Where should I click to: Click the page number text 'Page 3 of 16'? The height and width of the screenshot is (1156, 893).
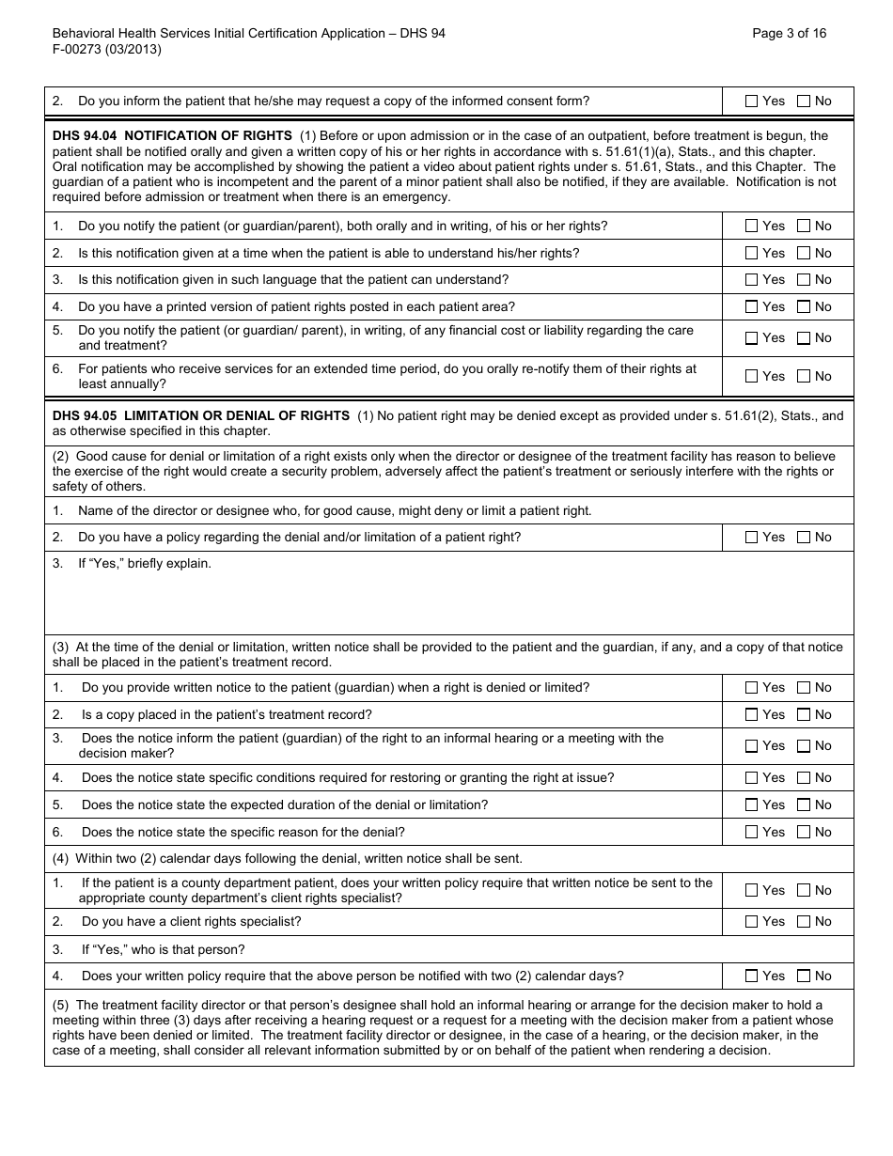(x=789, y=33)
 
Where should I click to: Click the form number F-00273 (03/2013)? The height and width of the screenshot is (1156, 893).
(x=106, y=50)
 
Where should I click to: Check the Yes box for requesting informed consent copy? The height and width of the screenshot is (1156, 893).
(x=751, y=102)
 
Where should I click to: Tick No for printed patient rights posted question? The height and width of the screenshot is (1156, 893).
(x=804, y=307)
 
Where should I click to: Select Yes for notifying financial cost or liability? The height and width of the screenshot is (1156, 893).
(x=751, y=338)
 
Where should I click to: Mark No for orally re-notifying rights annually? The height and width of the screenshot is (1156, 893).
(x=804, y=377)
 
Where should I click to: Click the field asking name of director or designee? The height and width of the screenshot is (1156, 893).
(x=335, y=511)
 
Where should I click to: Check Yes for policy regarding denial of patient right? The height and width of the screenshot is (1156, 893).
(x=751, y=538)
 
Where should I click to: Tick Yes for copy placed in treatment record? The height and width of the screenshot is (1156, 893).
(x=751, y=715)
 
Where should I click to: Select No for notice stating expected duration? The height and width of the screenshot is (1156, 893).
(x=804, y=805)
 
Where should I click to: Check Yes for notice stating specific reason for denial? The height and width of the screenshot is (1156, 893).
(x=751, y=833)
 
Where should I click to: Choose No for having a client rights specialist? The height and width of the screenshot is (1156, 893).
(x=804, y=922)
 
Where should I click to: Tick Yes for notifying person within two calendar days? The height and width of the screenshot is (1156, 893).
(x=751, y=976)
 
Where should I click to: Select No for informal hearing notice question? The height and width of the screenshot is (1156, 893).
(x=804, y=746)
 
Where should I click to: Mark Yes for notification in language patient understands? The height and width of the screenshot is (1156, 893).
(x=751, y=280)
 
